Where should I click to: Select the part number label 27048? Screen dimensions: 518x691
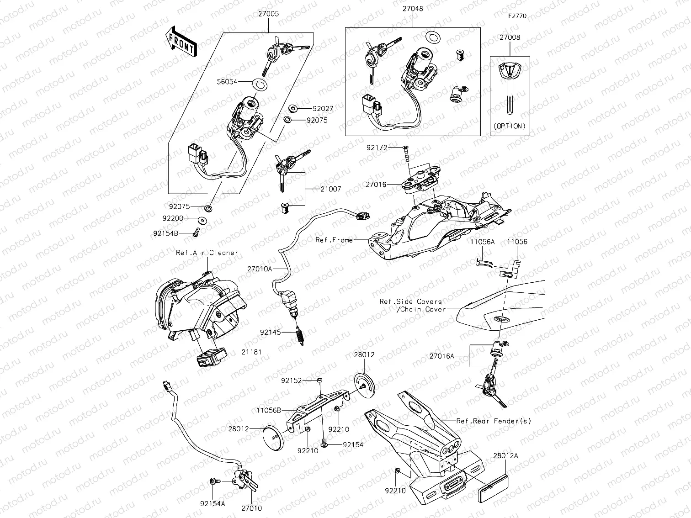pyautogui.click(x=413, y=8)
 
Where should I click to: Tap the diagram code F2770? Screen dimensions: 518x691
pyautogui.click(x=517, y=16)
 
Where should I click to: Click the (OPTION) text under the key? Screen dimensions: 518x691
pyautogui.click(x=510, y=126)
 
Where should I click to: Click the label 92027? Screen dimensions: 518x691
pyautogui.click(x=323, y=109)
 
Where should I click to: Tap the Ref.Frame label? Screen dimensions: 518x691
pyautogui.click(x=334, y=240)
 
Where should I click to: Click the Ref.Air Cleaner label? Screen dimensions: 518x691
pyautogui.click(x=207, y=253)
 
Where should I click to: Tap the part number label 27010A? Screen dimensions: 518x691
pyautogui.click(x=260, y=269)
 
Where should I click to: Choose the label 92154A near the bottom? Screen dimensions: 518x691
pyautogui.click(x=213, y=504)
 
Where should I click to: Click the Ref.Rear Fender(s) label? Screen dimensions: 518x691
pyautogui.click(x=494, y=421)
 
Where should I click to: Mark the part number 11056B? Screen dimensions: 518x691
pyautogui.click(x=268, y=410)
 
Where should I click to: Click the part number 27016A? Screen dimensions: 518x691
pyautogui.click(x=441, y=356)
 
